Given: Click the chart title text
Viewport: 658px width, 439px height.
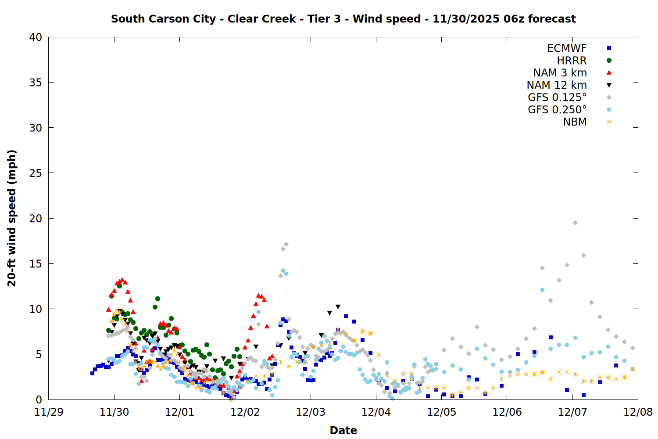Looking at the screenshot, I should [x=343, y=19].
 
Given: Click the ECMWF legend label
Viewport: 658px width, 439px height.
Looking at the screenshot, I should [x=567, y=48].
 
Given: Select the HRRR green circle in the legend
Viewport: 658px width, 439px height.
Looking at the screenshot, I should [x=609, y=61].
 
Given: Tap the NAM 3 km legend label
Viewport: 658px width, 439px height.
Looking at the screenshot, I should [x=560, y=73].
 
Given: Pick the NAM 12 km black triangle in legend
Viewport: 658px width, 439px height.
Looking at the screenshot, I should [x=609, y=85].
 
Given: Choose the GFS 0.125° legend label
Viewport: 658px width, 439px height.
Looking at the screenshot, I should [x=557, y=97].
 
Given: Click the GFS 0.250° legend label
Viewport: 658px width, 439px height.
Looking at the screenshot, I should [x=557, y=110].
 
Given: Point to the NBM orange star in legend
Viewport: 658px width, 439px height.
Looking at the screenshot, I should [x=609, y=122].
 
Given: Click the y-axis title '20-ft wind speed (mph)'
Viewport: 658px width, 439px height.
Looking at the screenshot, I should [x=12, y=218].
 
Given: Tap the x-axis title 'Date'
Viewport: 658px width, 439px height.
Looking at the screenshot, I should [x=343, y=430].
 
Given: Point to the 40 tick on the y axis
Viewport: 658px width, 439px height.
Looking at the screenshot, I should [x=36, y=38].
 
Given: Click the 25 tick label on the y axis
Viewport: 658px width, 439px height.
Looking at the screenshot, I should [x=36, y=173].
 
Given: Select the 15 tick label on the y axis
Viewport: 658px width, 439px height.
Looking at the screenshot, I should [x=36, y=264].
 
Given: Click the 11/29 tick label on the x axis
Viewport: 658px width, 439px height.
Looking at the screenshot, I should [x=49, y=412].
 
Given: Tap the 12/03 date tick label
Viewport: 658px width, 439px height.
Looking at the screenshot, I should [x=311, y=412].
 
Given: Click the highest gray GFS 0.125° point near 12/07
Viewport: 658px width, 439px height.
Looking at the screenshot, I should [x=575, y=223].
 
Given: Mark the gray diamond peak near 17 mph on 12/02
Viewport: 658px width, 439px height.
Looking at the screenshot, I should [x=286, y=244].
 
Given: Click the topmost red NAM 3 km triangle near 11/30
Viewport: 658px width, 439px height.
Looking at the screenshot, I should [x=122, y=280].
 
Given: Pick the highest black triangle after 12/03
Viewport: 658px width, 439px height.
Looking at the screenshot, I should [x=338, y=307].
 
